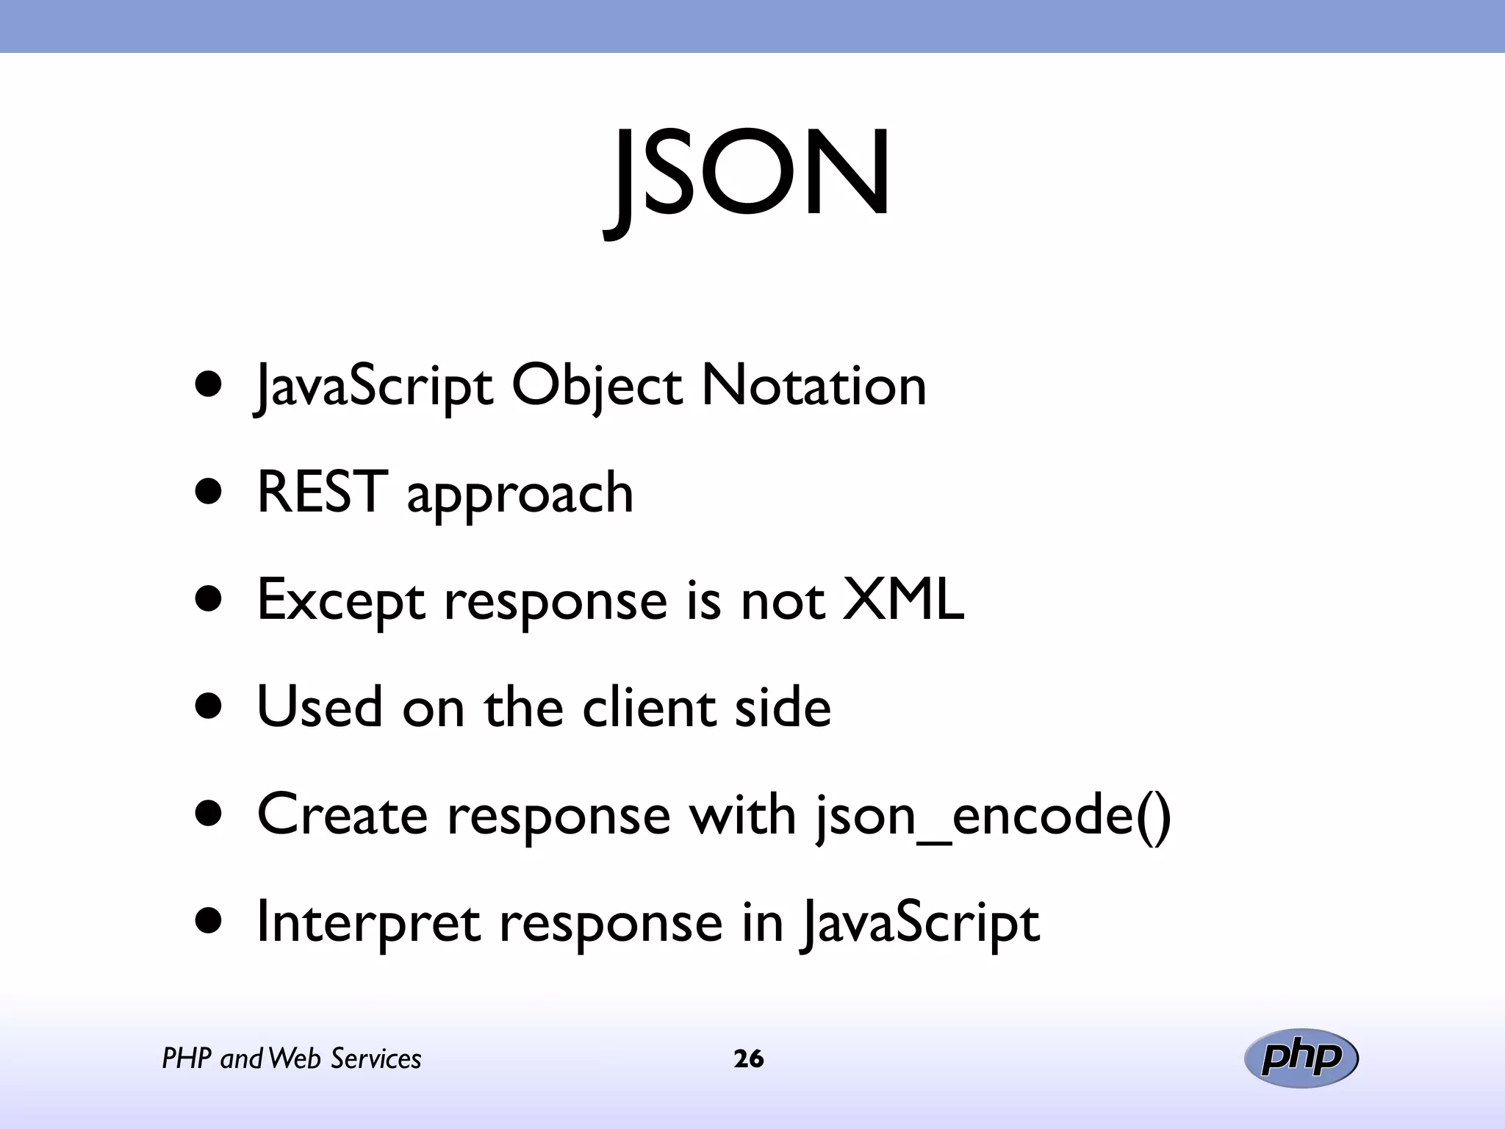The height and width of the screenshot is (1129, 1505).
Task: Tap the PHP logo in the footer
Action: [x=1301, y=1058]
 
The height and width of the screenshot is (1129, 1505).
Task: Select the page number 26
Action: [x=748, y=1058]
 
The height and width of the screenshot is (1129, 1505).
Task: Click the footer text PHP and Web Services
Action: [x=292, y=1058]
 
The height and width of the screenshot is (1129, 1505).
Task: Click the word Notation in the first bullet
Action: [x=813, y=385]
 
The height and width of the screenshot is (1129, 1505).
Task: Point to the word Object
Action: [x=597, y=387]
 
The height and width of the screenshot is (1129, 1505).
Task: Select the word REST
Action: [x=321, y=492]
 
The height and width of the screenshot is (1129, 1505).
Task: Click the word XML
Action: [x=902, y=599]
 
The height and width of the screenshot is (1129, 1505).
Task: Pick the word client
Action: [x=649, y=707]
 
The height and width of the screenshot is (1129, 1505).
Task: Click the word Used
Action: [x=320, y=707]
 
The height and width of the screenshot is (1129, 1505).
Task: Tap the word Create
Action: [x=342, y=814]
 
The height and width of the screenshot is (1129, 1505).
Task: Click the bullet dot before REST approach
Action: [x=209, y=492]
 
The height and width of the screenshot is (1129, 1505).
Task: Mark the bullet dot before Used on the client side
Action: [x=209, y=707]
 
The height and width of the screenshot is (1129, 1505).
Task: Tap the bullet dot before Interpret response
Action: [x=209, y=922]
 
